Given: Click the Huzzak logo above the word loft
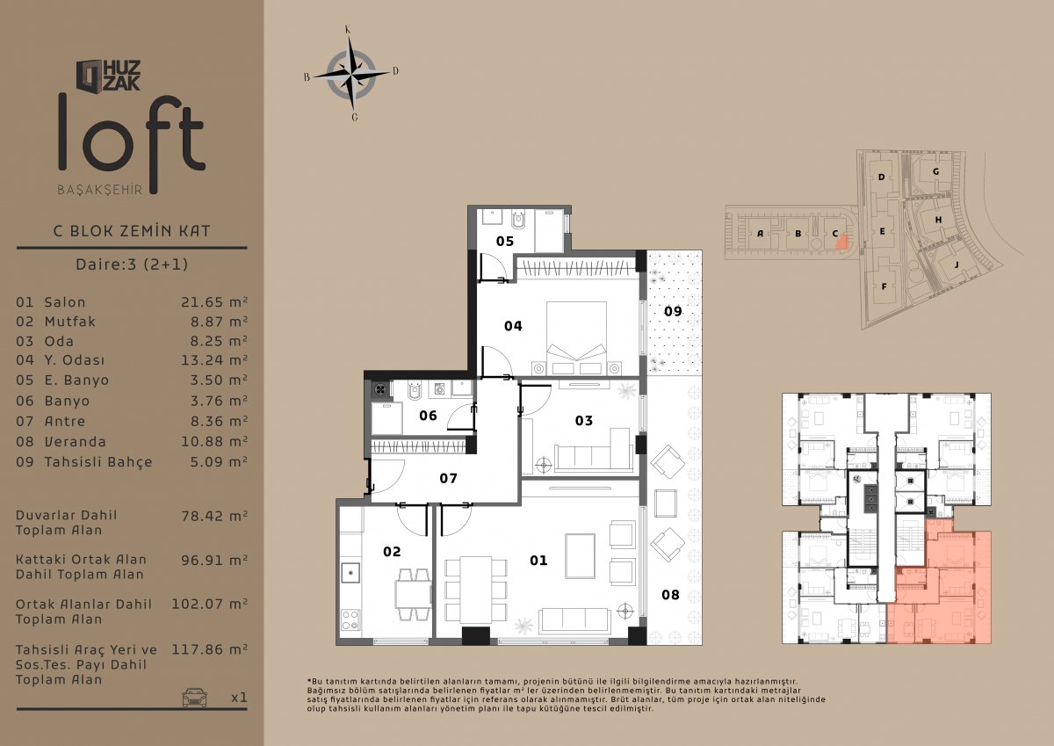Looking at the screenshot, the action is (108, 76).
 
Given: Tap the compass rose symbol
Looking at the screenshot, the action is (351, 74).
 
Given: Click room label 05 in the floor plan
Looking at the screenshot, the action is (505, 241).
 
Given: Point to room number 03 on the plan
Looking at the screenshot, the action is (584, 420).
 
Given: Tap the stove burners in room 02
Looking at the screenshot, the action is (350, 619).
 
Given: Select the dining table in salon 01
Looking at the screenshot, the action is (476, 590).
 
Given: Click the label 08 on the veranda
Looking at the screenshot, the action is (670, 595).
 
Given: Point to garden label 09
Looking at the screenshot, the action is (673, 311).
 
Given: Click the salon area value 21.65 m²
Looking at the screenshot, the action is (214, 301).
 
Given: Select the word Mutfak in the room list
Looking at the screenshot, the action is (70, 322).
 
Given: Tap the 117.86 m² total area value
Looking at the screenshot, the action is (209, 649).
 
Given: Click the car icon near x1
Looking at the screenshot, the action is (195, 697).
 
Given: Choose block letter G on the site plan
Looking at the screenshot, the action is (936, 172).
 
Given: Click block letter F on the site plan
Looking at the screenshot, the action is (884, 286).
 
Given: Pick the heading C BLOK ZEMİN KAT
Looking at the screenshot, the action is (132, 230).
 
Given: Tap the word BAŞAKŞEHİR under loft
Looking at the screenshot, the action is (100, 190).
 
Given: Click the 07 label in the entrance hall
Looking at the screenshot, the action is (449, 478).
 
